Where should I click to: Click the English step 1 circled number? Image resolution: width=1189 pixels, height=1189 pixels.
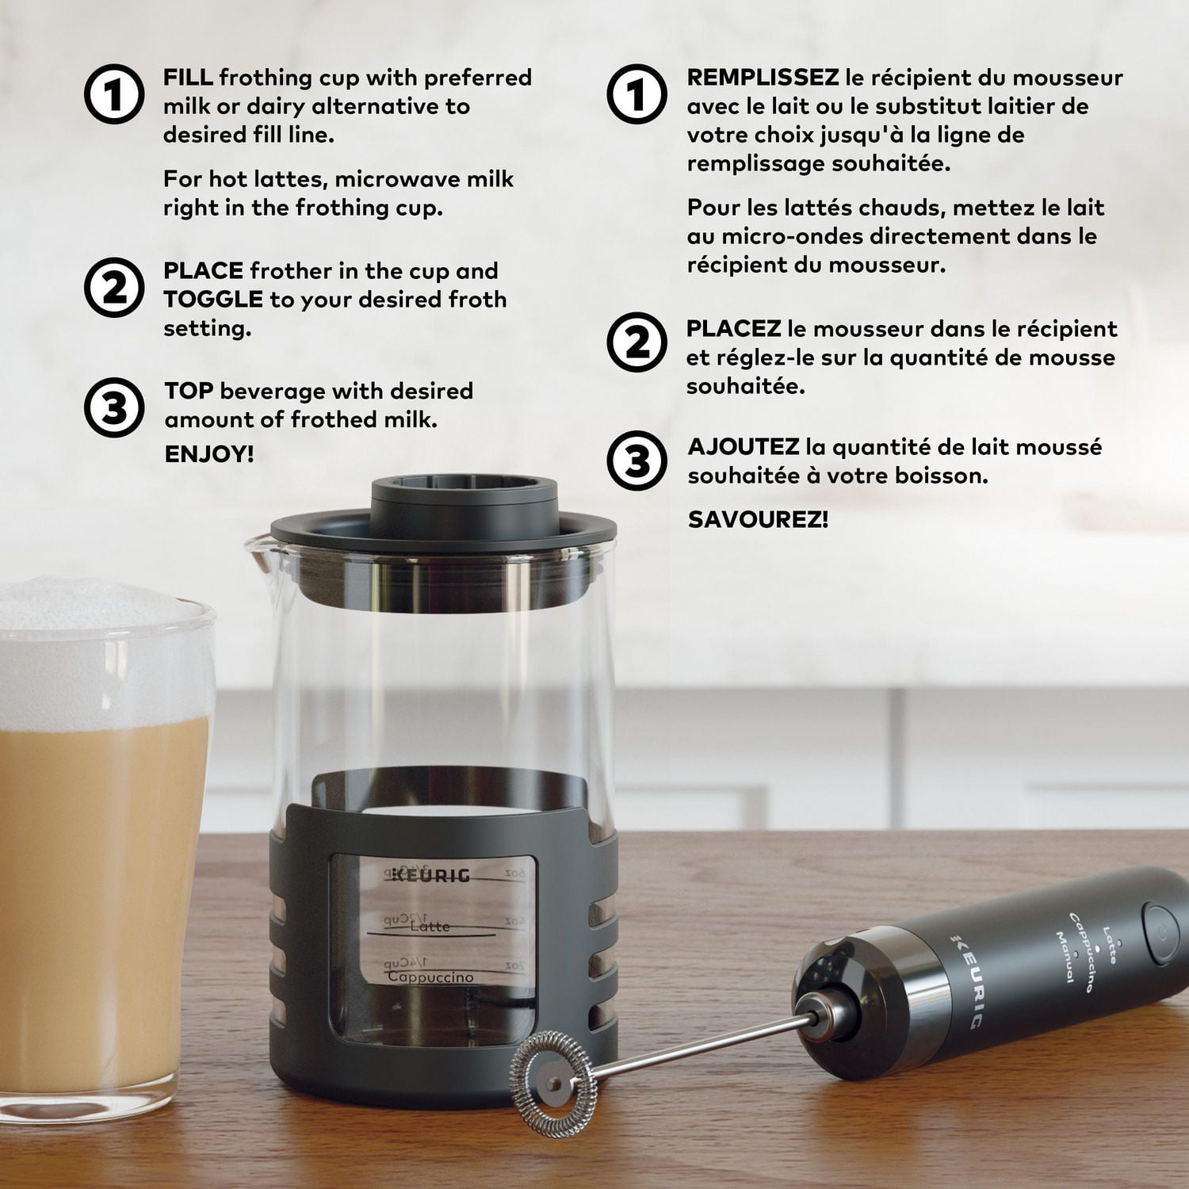click(114, 94)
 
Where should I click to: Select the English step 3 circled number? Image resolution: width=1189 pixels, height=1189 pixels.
click(114, 408)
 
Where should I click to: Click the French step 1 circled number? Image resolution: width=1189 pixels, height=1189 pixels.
click(637, 94)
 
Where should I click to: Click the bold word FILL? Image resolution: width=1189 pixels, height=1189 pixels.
click(188, 78)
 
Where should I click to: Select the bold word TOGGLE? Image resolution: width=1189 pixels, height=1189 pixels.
click(213, 299)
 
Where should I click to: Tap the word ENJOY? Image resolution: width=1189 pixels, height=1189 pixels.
click(209, 454)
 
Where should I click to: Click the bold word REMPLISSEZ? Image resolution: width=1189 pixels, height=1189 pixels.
click(763, 78)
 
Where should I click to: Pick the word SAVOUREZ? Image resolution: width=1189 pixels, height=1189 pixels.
click(758, 520)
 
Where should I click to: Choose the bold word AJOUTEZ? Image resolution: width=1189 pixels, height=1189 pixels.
click(744, 447)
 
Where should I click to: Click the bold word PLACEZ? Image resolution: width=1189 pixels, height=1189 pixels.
click(734, 328)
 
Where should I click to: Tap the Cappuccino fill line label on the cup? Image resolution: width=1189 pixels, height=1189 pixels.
click(430, 977)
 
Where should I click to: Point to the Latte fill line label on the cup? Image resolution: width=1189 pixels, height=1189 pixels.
click(430, 926)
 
